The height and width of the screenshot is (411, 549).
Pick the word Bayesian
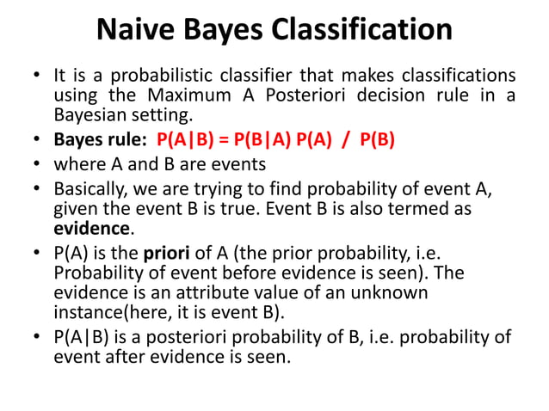pyautogui.click(x=90, y=114)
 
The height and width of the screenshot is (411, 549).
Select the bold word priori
pyautogui.click(x=166, y=255)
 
